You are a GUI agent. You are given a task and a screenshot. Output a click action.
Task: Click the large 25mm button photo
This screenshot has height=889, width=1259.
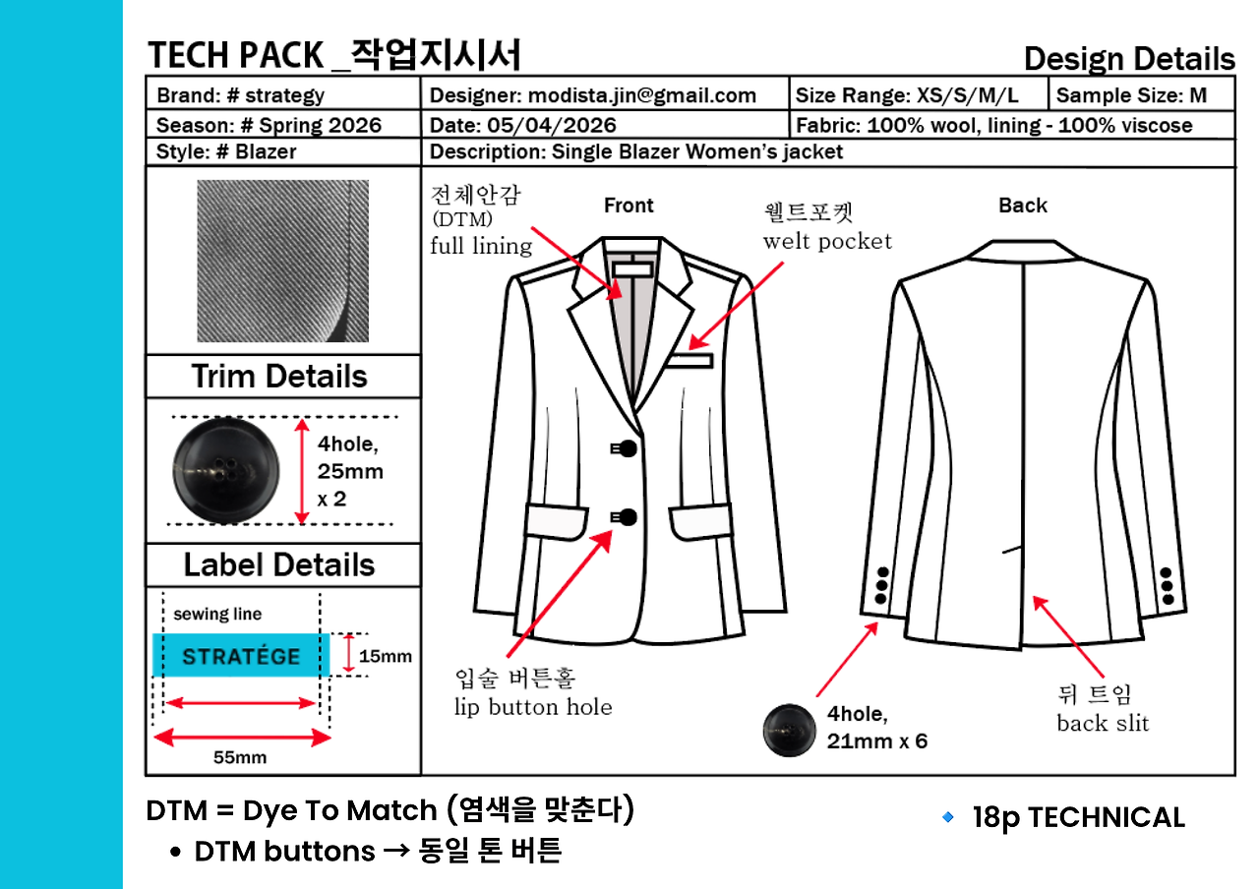(226, 471)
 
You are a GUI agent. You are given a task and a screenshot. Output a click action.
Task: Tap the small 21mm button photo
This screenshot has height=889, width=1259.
(789, 731)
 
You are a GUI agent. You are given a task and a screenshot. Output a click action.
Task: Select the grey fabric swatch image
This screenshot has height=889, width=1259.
(282, 261)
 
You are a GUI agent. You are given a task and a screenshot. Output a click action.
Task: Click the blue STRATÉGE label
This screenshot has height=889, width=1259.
(241, 655)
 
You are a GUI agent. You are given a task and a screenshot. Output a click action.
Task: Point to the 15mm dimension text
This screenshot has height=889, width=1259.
(385, 656)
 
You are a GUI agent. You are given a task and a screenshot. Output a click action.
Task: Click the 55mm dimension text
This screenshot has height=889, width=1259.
(240, 757)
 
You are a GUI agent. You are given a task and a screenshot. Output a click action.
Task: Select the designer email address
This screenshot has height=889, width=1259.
(642, 95)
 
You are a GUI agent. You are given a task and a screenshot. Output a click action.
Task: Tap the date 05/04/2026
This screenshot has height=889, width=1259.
(552, 125)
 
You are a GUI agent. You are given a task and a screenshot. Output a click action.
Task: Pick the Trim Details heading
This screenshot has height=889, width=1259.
(279, 376)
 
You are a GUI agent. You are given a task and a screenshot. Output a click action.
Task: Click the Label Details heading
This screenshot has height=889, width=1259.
(279, 564)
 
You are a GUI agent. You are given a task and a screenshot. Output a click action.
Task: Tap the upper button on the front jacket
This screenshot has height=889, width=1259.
(628, 448)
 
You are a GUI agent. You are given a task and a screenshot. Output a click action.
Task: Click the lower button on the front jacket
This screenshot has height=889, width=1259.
(628, 517)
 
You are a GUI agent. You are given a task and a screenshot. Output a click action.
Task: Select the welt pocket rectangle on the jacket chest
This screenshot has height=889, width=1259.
(689, 361)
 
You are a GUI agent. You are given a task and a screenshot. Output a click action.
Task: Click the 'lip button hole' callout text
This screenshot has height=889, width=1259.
(533, 707)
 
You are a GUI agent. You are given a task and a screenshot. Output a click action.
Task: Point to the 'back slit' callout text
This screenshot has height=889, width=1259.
(1103, 723)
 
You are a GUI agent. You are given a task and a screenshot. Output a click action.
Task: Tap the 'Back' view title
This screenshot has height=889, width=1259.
(1023, 206)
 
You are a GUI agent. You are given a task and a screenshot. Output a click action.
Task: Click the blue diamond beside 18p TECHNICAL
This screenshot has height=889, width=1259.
(947, 816)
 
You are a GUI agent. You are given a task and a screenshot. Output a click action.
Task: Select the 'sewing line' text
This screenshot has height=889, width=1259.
(217, 614)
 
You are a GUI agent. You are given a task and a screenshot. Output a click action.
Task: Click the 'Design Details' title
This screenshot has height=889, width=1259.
(1129, 58)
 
